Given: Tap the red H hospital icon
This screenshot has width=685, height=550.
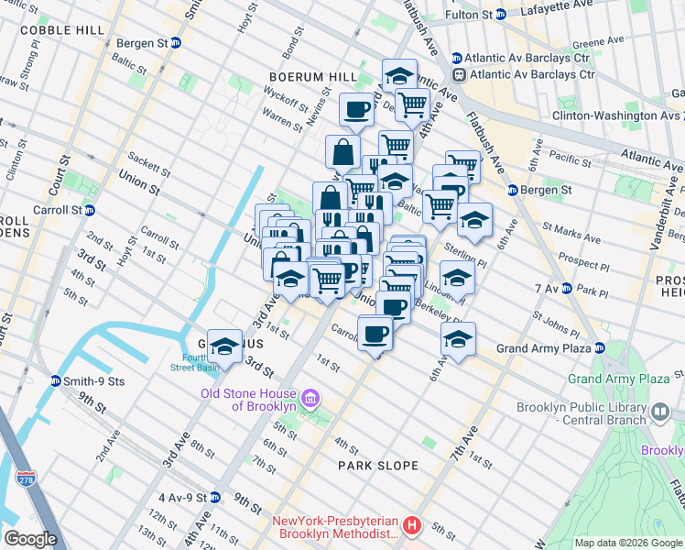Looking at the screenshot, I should click(x=412, y=526).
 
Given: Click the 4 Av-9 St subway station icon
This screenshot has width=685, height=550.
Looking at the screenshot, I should click(x=215, y=498).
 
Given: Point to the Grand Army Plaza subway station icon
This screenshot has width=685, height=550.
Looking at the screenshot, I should click(x=599, y=348).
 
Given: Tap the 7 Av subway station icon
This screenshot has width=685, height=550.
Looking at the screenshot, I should click(x=566, y=289).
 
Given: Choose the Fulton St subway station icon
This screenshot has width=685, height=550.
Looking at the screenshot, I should click(x=500, y=15).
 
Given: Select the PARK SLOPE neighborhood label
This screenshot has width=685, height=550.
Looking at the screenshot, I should click(x=377, y=466).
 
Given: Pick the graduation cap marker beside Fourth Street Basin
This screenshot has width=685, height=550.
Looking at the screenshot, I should click(x=224, y=346).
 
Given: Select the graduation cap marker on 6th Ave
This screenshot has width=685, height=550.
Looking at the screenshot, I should click(x=458, y=338).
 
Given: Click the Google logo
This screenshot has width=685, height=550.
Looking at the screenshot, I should click(x=30, y=539).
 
